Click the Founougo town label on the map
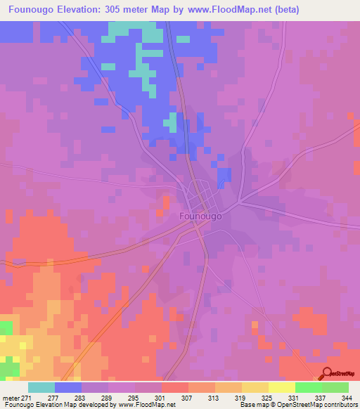(x=201, y=216)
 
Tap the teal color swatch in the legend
(x=41, y=387)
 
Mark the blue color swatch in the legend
(x=68, y=387)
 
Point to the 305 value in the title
(x=134, y=10)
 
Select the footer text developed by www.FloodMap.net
(x=120, y=405)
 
